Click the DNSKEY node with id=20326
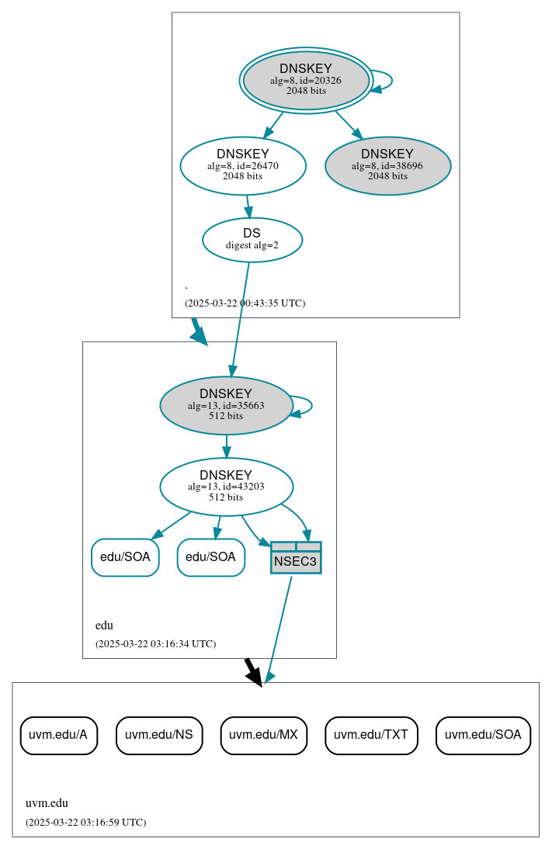[x=306, y=80]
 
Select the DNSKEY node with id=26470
[x=243, y=165]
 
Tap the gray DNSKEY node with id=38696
[x=387, y=165]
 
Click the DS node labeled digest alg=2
[x=252, y=239]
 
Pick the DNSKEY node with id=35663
[x=226, y=405]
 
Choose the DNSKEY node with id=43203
[x=226, y=487]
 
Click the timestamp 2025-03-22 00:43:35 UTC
[x=245, y=303]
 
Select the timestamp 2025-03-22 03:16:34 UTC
[x=155, y=644]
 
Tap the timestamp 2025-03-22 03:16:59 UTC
[x=85, y=823]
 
